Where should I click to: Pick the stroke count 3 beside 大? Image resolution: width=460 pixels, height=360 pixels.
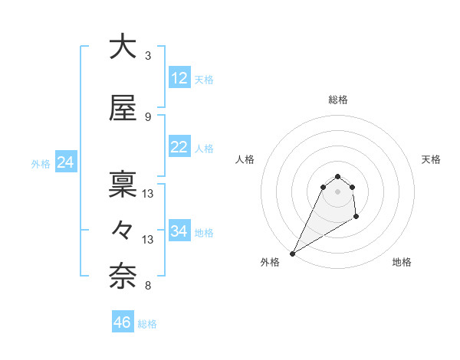pyautogui.click(x=148, y=56)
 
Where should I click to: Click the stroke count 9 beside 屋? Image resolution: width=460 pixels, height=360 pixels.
pyautogui.click(x=148, y=117)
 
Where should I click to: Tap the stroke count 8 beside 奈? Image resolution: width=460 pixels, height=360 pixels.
pyautogui.click(x=148, y=286)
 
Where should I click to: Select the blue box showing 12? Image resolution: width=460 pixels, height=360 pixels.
pyautogui.click(x=179, y=79)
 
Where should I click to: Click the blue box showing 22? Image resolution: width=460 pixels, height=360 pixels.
pyautogui.click(x=179, y=148)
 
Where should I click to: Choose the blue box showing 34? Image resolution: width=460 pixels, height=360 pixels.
pyautogui.click(x=179, y=231)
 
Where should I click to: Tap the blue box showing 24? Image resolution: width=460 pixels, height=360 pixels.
pyautogui.click(x=66, y=162)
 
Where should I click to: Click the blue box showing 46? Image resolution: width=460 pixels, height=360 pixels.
pyautogui.click(x=123, y=322)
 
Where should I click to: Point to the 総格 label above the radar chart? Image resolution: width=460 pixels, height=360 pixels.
pyautogui.click(x=338, y=100)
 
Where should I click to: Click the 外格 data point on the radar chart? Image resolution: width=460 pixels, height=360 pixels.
pyautogui.click(x=292, y=254)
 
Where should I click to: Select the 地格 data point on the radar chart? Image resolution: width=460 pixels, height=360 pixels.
pyautogui.click(x=356, y=218)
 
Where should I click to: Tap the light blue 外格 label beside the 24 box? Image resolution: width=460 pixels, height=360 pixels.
pyautogui.click(x=41, y=163)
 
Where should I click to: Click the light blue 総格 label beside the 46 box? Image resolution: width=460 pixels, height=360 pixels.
pyautogui.click(x=148, y=324)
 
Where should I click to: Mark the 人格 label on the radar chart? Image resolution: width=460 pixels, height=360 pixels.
pyautogui.click(x=245, y=159)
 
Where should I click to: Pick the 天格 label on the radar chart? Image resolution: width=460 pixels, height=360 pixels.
pyautogui.click(x=431, y=159)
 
